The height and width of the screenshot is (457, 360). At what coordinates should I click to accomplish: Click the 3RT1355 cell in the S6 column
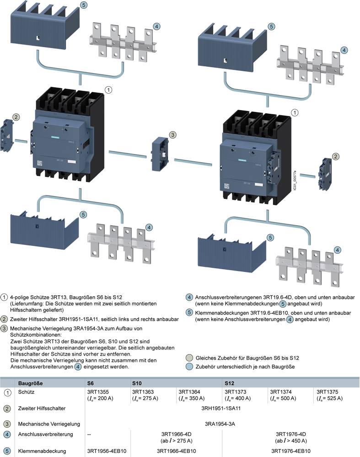click(x=100, y=395)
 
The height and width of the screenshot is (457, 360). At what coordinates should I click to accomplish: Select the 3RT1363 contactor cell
click(x=145, y=395)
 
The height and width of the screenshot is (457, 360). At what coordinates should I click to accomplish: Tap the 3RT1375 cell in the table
click(x=329, y=395)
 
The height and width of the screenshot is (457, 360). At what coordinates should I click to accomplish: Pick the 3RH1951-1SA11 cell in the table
click(x=222, y=408)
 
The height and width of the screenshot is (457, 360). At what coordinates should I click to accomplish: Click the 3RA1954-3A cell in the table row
click(x=222, y=424)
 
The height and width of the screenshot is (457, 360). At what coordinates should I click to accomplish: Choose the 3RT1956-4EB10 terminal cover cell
click(x=106, y=451)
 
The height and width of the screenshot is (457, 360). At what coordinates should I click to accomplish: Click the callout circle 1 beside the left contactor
click(x=108, y=90)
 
